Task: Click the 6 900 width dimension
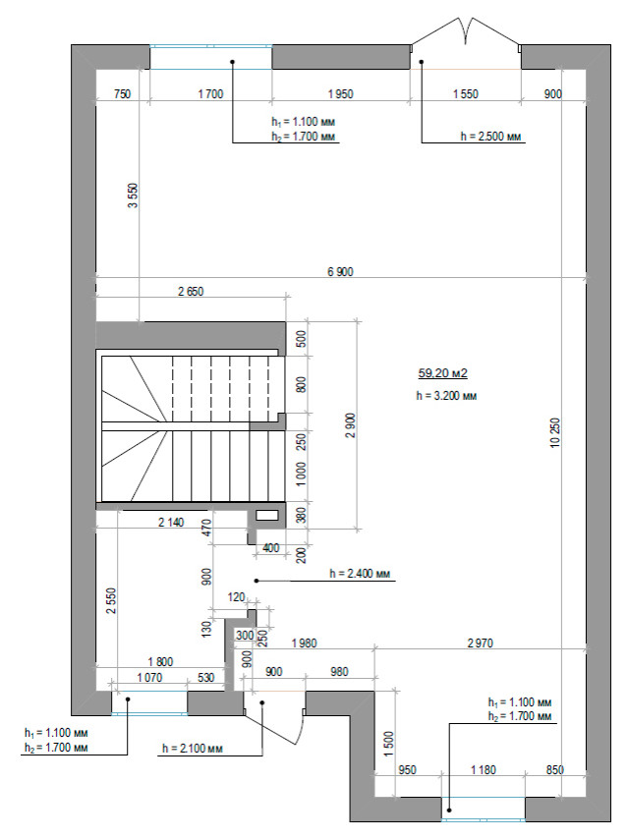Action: tap(340, 272)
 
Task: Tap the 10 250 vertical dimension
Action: tap(555, 432)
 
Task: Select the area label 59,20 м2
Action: tap(442, 373)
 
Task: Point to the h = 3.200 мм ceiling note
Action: tap(446, 396)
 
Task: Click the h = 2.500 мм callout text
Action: tap(490, 137)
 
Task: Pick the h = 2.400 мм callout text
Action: tap(360, 574)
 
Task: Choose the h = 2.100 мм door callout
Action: tap(193, 748)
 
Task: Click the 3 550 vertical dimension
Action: tap(133, 196)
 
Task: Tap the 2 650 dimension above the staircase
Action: tap(191, 292)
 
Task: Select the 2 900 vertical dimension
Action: tap(350, 425)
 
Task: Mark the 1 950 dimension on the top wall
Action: tap(340, 94)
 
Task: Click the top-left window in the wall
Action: tap(211, 57)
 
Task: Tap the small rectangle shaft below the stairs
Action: tap(267, 515)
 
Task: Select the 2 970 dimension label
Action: tap(481, 643)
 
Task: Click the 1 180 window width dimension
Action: tap(483, 770)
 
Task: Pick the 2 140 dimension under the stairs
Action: tap(171, 523)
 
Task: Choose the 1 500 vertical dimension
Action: tap(389, 744)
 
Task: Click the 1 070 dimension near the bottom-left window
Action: tap(149, 678)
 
